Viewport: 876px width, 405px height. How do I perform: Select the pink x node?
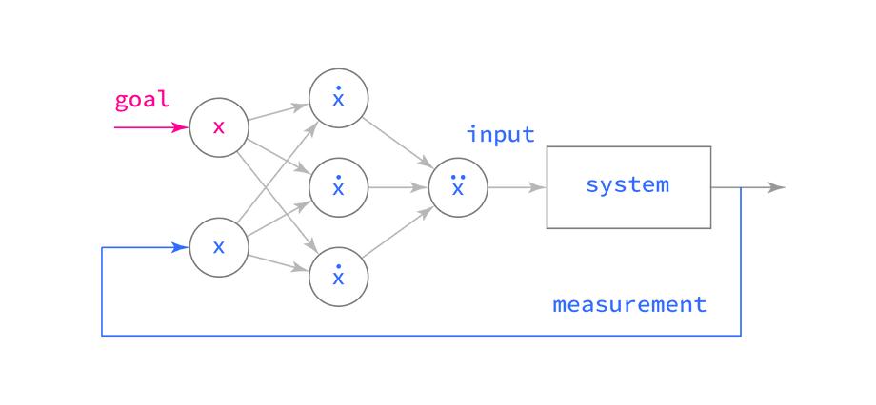[x=219, y=126]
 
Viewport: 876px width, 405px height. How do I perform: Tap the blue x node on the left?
[x=219, y=247]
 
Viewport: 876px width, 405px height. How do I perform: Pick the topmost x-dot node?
[x=338, y=98]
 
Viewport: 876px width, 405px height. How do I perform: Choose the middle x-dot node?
[x=338, y=187]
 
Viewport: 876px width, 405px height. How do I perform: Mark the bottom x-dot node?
[x=338, y=277]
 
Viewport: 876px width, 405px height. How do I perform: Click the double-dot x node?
[x=458, y=186]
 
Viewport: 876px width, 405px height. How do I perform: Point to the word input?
[x=501, y=135]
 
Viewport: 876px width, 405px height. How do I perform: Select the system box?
[x=628, y=186]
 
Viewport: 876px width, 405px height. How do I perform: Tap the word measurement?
[x=629, y=305]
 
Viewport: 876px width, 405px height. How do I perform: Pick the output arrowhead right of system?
[x=778, y=187]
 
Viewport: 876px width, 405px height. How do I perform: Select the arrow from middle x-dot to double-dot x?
[x=397, y=187]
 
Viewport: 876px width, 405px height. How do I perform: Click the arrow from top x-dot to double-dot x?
[x=399, y=144]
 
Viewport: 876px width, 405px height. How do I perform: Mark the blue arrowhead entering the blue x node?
[x=179, y=248]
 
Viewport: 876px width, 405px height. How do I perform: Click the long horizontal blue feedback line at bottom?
[x=419, y=335]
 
